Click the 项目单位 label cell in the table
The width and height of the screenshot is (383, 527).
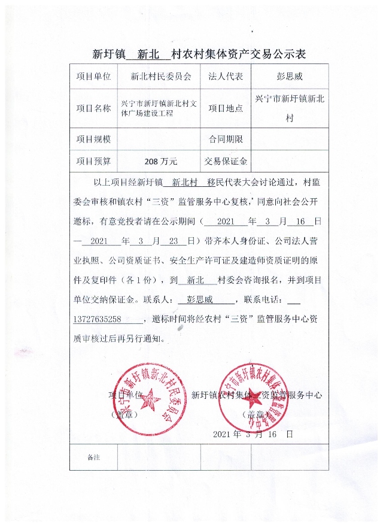click(x=94, y=77)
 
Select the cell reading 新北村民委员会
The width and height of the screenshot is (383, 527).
click(x=160, y=77)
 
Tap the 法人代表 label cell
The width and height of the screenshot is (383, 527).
click(x=226, y=77)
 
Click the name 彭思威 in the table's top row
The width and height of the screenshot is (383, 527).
click(x=290, y=77)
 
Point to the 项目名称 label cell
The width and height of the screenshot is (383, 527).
click(x=94, y=108)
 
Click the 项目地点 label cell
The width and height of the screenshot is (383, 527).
click(x=226, y=108)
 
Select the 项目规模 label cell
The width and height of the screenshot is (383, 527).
click(x=94, y=139)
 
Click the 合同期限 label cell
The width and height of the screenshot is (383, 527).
click(x=226, y=139)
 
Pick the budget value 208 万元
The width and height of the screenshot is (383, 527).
click(x=160, y=161)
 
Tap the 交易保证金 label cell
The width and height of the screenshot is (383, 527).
click(x=226, y=161)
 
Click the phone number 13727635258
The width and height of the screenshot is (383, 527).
click(x=98, y=319)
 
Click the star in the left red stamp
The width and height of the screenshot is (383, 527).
click(x=148, y=398)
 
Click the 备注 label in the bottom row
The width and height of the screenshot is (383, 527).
click(x=93, y=458)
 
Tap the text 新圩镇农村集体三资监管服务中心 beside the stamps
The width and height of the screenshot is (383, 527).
click(x=257, y=395)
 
